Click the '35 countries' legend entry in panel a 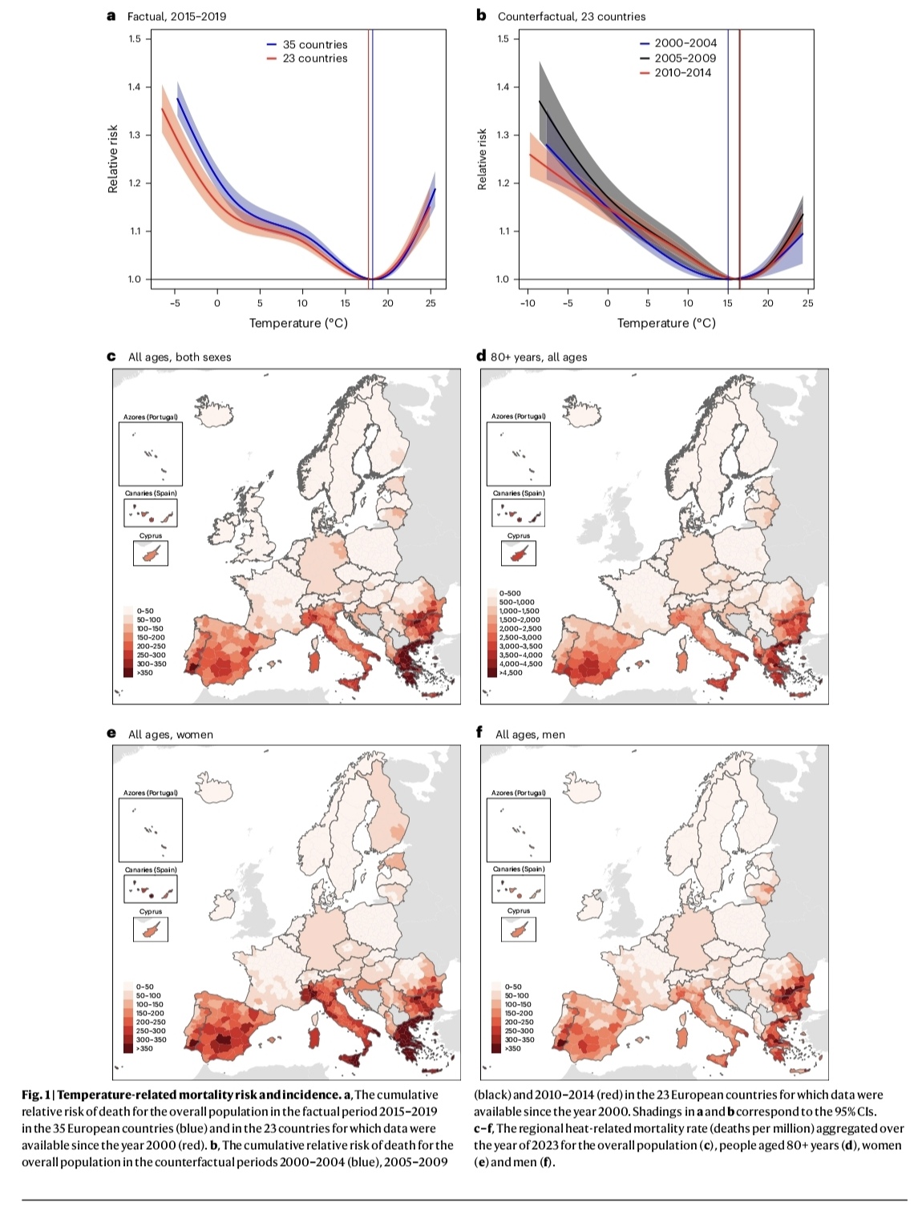pos(314,45)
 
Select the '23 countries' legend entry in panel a pos(314,58)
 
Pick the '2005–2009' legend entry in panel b pos(685,58)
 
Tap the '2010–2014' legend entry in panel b pos(682,72)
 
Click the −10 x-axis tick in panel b pos(527,303)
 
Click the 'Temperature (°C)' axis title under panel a pos(298,323)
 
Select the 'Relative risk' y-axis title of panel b pos(482,159)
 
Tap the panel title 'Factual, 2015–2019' pos(176,16)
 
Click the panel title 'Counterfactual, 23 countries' pos(571,16)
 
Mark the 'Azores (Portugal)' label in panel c pos(151,417)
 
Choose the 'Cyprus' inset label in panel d pos(519,535)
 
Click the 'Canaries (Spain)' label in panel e pos(151,869)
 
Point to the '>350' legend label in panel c pos(144,672)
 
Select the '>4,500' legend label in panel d pos(511,672)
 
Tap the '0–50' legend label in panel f pos(512,986)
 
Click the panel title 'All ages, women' pos(170,734)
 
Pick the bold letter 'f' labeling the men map pos(479,732)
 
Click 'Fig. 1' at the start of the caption pos(36,1095)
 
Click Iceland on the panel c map pos(214,410)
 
